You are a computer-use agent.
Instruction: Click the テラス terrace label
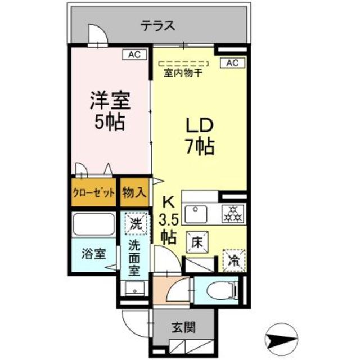[x=157, y=25]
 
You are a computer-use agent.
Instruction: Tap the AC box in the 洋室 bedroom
[x=134, y=55]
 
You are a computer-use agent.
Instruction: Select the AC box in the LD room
[x=232, y=63]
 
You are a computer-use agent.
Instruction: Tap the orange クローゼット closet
[x=93, y=192]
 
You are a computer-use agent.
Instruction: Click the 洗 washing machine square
[x=136, y=222]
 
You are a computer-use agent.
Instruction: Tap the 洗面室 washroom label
[x=135, y=257]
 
